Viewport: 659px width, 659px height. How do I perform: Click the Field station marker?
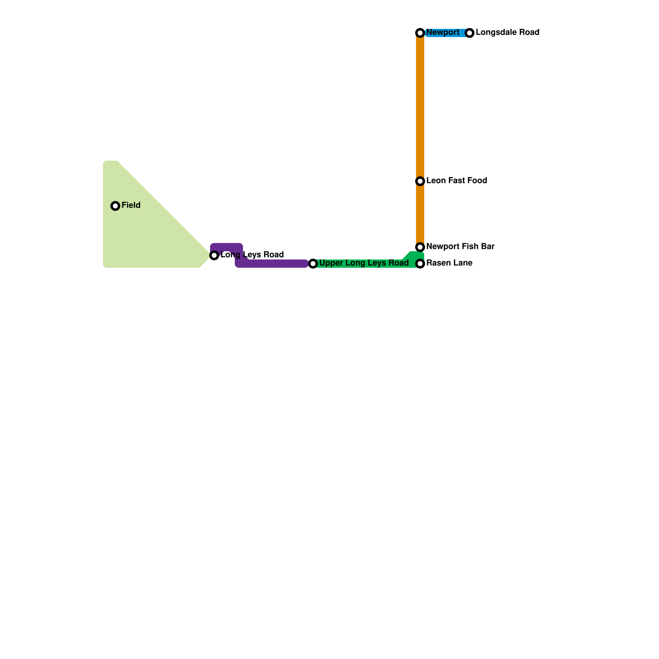(115, 206)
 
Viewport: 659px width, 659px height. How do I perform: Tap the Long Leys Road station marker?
(214, 255)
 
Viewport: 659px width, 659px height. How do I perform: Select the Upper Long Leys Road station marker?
(313, 264)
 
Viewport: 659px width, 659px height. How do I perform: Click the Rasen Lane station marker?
(420, 264)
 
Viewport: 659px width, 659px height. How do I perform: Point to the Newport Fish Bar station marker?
(420, 247)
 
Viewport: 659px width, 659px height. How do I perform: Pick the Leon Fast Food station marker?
(420, 181)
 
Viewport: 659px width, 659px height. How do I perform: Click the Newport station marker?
(420, 33)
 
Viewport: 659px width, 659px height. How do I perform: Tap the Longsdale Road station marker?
(470, 33)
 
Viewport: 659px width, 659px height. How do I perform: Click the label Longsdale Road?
(507, 33)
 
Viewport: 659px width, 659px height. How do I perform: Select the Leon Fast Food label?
(456, 181)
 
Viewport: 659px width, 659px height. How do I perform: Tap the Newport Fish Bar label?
(460, 247)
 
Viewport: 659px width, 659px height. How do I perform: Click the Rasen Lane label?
(449, 263)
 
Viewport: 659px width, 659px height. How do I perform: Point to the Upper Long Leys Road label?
(364, 263)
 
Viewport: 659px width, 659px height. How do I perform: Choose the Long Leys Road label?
(252, 255)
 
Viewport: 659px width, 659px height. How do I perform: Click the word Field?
(131, 206)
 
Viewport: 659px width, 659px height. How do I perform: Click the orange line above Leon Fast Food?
(420, 107)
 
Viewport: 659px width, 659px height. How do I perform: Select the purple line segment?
(276, 264)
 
